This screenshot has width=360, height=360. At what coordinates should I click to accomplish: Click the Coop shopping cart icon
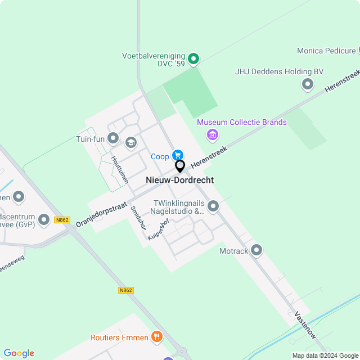pyautogui.click(x=178, y=155)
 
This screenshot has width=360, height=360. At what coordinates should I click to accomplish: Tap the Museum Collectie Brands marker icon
pyautogui.click(x=213, y=134)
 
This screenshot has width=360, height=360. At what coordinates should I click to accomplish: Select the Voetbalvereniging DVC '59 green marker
pyautogui.click(x=193, y=58)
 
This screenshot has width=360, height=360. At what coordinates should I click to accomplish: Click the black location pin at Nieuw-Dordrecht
pyautogui.click(x=180, y=166)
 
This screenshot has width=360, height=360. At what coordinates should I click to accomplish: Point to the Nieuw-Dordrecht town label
pyautogui.click(x=180, y=180)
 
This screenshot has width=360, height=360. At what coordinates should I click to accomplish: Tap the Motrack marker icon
pyautogui.click(x=257, y=249)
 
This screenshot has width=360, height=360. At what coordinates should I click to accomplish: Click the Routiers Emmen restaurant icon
pyautogui.click(x=156, y=337)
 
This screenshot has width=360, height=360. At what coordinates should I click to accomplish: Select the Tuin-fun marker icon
pyautogui.click(x=113, y=138)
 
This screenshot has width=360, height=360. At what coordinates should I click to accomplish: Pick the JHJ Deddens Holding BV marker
pyautogui.click(x=308, y=84)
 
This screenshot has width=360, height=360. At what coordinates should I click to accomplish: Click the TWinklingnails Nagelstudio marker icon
pyautogui.click(x=213, y=206)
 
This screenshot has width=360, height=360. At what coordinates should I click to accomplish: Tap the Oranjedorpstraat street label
pyautogui.click(x=101, y=214)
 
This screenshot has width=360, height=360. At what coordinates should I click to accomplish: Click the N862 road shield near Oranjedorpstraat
pyautogui.click(x=62, y=220)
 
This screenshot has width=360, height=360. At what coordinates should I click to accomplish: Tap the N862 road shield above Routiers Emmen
pyautogui.click(x=126, y=290)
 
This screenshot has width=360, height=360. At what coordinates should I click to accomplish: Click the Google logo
pyautogui.click(x=19, y=353)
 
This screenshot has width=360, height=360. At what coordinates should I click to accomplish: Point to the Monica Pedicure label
pyautogui.click(x=326, y=51)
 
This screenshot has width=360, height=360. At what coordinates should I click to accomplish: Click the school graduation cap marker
pyautogui.click(x=131, y=143)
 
